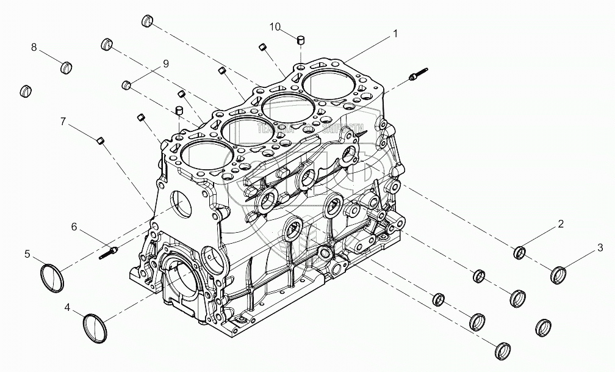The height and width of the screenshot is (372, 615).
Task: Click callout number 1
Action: click(x=395, y=34)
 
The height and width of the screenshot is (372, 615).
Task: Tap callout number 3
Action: click(x=600, y=247)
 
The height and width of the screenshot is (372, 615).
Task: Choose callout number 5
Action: click(x=27, y=253)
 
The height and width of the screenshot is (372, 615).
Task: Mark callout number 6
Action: click(x=74, y=227)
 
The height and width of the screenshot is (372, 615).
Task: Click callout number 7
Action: click(x=63, y=121)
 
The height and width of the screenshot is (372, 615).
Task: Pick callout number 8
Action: click(x=34, y=47)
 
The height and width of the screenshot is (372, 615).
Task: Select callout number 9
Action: click(x=165, y=64)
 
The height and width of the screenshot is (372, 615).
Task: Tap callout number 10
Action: click(x=275, y=26)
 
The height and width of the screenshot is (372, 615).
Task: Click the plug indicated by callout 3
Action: click(x=558, y=275)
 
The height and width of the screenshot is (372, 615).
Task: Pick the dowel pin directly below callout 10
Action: click(x=300, y=41)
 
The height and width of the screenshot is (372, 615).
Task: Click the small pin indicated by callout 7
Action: click(x=102, y=142)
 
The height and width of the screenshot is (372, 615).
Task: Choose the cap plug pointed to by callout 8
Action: click(x=67, y=66)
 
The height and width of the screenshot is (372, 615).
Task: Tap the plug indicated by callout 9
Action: click(x=127, y=84)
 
